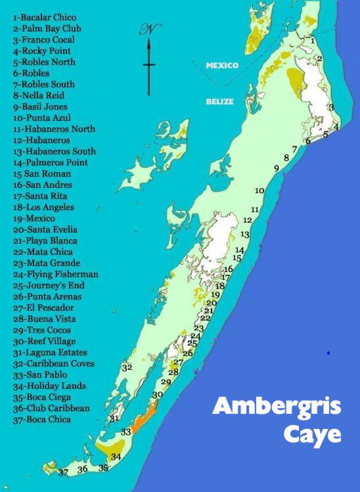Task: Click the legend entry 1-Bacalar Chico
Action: click(x=44, y=17)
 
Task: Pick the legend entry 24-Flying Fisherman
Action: click(x=55, y=274)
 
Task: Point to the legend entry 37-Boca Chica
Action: click(x=47, y=419)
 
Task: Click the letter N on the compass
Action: click(x=149, y=30)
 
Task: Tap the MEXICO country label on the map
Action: click(x=222, y=66)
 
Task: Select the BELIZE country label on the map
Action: click(x=220, y=102)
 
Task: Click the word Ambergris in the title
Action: click(x=277, y=407)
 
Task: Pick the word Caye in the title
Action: click(x=312, y=434)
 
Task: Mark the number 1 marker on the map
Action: click(x=313, y=41)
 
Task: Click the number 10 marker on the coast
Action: click(x=259, y=190)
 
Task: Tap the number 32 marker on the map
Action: click(x=127, y=367)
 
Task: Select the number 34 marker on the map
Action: click(x=116, y=457)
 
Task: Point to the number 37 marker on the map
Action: click(x=63, y=472)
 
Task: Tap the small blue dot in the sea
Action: click(x=328, y=353)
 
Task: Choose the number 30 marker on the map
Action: click(x=158, y=395)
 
